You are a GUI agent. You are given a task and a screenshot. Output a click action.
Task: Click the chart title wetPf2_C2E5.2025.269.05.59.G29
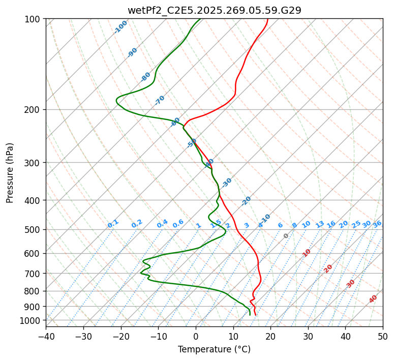[x=214, y=10]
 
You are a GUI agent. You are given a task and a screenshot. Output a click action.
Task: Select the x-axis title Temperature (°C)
[x=214, y=349]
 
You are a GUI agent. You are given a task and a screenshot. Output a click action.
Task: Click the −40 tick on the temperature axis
[x=46, y=336]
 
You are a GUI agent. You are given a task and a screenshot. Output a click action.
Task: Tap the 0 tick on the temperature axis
[x=196, y=336]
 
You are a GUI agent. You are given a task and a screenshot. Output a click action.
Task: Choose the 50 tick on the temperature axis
[x=383, y=336]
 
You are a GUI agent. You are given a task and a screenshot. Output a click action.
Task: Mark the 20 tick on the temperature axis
[x=270, y=336]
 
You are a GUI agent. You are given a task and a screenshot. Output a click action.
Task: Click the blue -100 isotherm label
[x=121, y=27]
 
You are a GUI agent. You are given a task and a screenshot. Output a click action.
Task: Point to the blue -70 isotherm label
[x=160, y=100]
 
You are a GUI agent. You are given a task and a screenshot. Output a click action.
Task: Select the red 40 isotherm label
[x=373, y=299]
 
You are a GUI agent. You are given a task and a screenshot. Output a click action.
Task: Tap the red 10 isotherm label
[x=307, y=253]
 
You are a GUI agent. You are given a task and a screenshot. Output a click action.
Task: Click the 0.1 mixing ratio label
[x=113, y=224]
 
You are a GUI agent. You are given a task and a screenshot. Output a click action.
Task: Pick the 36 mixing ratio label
[x=377, y=224]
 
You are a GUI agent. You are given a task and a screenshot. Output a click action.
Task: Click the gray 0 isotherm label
[x=286, y=236]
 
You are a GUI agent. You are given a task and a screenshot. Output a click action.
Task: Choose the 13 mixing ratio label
[x=320, y=224]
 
